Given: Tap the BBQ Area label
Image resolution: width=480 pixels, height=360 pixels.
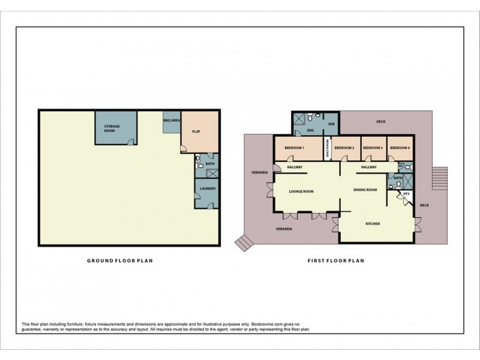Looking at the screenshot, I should [x=172, y=121].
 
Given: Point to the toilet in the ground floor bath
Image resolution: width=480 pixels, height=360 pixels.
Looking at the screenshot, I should [x=198, y=160].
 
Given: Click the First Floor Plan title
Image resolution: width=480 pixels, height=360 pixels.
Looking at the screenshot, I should [x=335, y=261].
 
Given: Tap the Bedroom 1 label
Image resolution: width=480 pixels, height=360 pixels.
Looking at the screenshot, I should [x=295, y=148].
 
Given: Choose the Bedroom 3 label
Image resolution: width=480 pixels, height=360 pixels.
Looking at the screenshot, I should [x=373, y=148].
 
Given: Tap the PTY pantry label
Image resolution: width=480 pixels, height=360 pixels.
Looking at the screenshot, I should [x=406, y=194].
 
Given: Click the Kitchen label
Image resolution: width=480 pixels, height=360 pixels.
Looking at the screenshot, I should [x=373, y=224].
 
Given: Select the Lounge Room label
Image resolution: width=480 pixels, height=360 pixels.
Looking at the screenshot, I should [x=301, y=192].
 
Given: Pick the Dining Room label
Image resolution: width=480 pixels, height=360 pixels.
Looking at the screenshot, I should [x=365, y=190].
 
